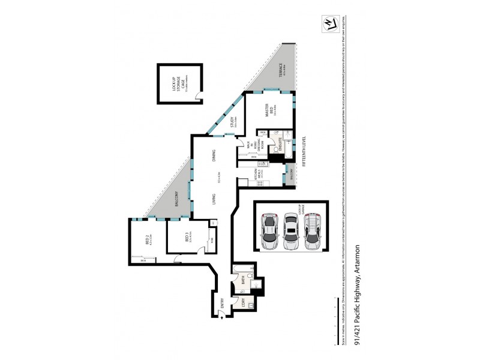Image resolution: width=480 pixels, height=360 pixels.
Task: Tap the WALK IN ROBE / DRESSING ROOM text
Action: tap(247, 147)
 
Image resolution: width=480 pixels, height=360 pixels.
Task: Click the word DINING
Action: tap(214, 158)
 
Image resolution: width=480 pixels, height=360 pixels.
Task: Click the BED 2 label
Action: tap(147, 240)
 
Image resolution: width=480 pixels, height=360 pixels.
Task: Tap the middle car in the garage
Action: tap(290, 232)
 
